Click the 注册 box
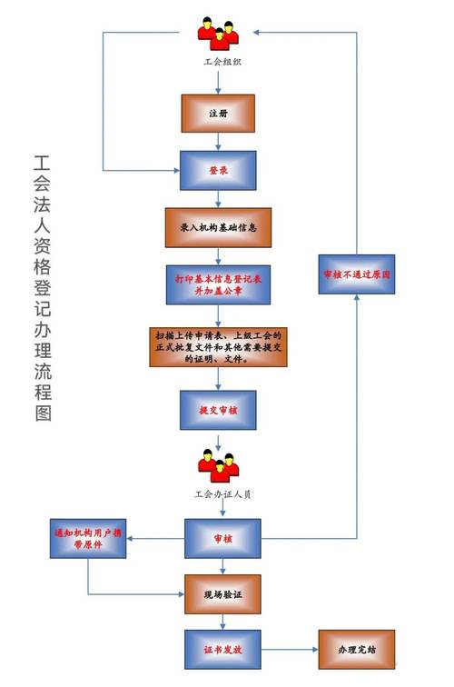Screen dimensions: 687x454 coord(218,114)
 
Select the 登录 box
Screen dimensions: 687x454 coord(218,171)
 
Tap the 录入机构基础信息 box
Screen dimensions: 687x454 coord(219,227)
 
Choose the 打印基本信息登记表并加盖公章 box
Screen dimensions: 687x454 coord(219,284)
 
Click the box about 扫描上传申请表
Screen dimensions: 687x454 coord(219,346)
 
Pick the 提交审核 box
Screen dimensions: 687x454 coord(218,410)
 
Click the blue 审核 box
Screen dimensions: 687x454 coord(222,539)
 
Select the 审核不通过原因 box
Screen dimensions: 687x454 coord(357,274)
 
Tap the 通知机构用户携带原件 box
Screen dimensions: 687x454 coord(88,539)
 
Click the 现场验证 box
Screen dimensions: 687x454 coord(222,593)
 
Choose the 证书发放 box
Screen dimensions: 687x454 coord(222,651)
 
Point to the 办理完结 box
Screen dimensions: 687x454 coord(356,651)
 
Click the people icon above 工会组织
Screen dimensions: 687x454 coord(219,33)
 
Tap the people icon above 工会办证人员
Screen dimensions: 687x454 coord(218,466)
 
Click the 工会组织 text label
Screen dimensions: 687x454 coord(219,62)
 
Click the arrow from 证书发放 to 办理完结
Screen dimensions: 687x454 coord(289,651)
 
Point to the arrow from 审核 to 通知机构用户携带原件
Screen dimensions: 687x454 coord(155,539)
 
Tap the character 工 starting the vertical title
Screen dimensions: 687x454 coord(42,164)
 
